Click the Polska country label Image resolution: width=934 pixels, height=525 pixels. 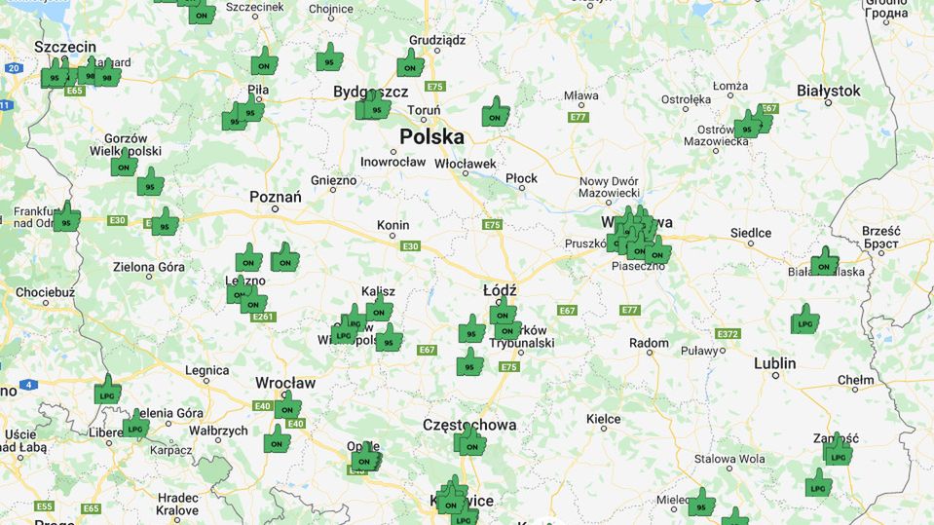(x=431, y=136)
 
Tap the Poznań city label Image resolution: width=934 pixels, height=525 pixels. (x=276, y=198)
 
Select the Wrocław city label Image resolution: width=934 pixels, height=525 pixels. (x=285, y=383)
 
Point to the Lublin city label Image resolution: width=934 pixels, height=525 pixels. (x=774, y=363)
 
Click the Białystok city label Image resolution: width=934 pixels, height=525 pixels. (x=828, y=91)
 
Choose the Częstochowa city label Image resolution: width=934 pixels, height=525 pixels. (x=469, y=425)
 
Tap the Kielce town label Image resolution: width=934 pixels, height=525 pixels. (x=604, y=419)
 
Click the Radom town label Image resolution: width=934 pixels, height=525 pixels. (x=649, y=343)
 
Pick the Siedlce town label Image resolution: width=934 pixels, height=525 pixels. (x=751, y=233)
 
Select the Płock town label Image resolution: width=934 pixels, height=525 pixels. (x=522, y=178)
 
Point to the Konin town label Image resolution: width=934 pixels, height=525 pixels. (x=392, y=225)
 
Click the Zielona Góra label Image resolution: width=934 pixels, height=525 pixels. (x=148, y=266)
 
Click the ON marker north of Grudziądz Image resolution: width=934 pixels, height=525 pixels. (x=410, y=66)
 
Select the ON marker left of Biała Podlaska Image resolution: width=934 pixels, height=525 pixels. (x=824, y=263)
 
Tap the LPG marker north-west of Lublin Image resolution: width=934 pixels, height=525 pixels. (x=804, y=320)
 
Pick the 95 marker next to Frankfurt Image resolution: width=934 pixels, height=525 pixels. (x=66, y=218)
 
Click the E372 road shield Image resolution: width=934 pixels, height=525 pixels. (x=728, y=333)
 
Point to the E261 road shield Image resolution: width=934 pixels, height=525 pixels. (x=263, y=317)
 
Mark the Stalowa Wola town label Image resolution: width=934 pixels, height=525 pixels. (x=729, y=459)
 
